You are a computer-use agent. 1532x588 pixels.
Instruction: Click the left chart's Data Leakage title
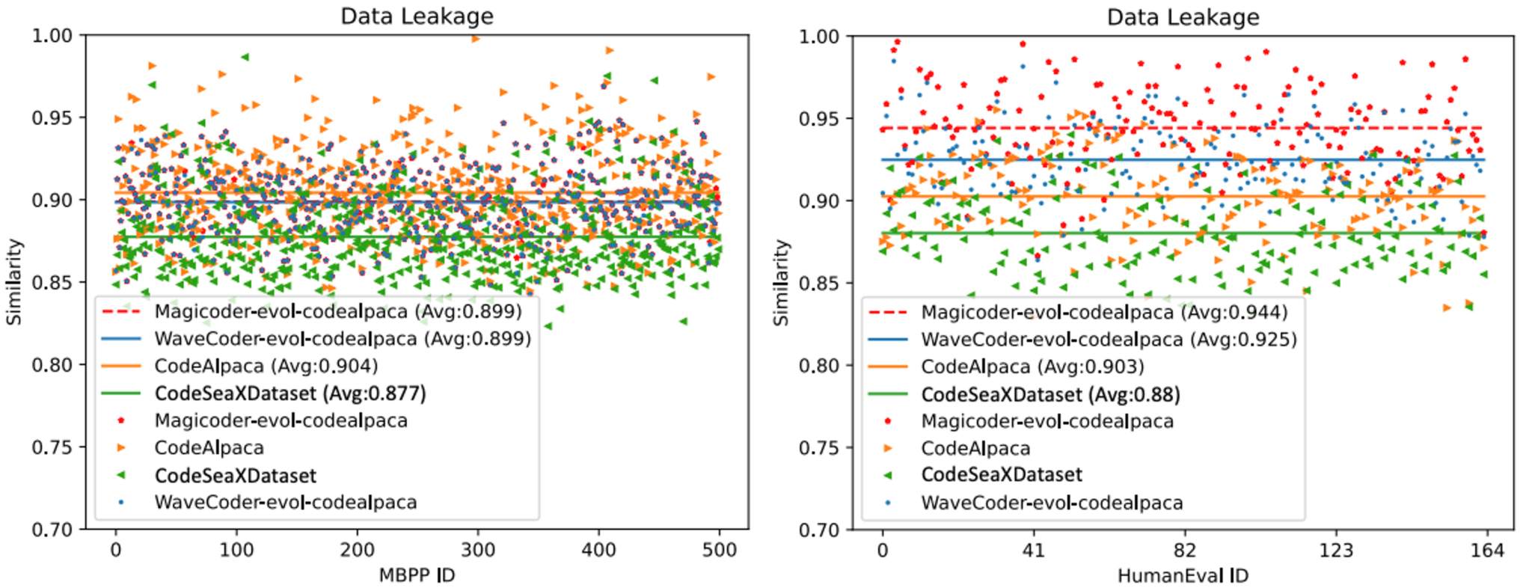point(417,16)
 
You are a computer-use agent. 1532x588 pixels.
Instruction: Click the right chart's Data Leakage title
point(1183,16)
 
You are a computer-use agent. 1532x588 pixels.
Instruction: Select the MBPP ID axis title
point(417,575)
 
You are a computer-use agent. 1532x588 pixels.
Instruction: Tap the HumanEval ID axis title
point(1183,575)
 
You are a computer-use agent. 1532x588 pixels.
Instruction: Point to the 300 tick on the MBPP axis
point(478,551)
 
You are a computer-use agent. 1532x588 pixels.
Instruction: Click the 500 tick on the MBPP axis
point(720,551)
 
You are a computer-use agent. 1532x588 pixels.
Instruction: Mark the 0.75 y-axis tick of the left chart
point(52,447)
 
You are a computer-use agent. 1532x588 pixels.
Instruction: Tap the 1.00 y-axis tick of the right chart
point(819,37)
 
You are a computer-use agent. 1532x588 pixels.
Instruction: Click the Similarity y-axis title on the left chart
point(14,282)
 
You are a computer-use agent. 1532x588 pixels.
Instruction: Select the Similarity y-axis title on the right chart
point(781,283)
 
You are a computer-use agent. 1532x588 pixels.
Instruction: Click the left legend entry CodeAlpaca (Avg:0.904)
point(266,366)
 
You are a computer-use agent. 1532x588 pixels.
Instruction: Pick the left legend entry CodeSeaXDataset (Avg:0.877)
point(290,393)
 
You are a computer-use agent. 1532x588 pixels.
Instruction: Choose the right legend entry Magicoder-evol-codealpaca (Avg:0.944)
point(1104,312)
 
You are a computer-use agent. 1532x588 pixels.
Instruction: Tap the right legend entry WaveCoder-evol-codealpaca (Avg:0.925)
point(1109,340)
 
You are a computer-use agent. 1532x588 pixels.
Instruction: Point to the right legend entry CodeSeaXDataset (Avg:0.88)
point(1050,394)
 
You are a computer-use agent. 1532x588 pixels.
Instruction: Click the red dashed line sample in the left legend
point(121,311)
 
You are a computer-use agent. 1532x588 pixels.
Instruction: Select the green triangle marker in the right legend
point(888,475)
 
